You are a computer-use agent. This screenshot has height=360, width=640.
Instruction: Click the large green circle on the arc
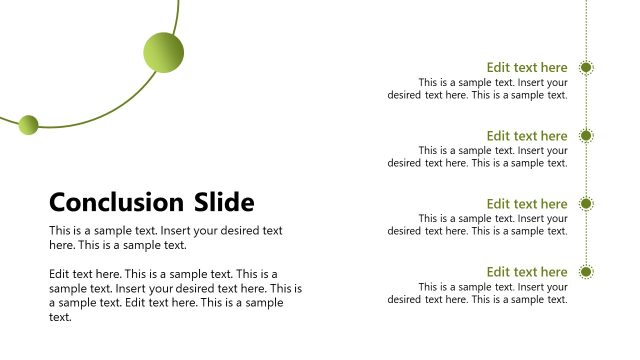click(x=164, y=52)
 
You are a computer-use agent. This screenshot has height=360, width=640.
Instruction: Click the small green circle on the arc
click(x=28, y=124)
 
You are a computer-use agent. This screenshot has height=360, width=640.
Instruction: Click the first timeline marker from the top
click(x=587, y=68)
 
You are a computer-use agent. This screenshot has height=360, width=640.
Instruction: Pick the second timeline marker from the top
click(x=587, y=136)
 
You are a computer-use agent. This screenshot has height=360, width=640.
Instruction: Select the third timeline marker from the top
click(x=587, y=204)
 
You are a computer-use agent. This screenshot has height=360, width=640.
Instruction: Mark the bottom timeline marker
click(x=587, y=272)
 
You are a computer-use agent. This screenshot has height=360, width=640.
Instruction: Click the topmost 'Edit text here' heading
click(x=527, y=68)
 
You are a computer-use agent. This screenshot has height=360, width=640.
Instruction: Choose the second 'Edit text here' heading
click(x=527, y=136)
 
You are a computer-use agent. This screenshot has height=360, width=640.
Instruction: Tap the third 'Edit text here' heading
click(x=527, y=204)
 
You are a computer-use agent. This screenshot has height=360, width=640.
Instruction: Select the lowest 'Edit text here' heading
click(x=527, y=272)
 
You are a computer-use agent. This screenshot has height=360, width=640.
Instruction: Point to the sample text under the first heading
click(x=478, y=89)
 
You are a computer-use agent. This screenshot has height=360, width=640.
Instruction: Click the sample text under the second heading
click(x=478, y=157)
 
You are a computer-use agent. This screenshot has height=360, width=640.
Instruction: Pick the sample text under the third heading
click(x=478, y=225)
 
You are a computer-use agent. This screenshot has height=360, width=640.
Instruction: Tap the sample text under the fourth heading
click(x=478, y=293)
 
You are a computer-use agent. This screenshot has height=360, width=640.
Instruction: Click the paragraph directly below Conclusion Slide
click(x=166, y=237)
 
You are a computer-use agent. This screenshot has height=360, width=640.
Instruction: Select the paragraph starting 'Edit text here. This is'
click(x=175, y=295)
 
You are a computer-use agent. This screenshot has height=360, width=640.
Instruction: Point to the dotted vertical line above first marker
click(x=587, y=30)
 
